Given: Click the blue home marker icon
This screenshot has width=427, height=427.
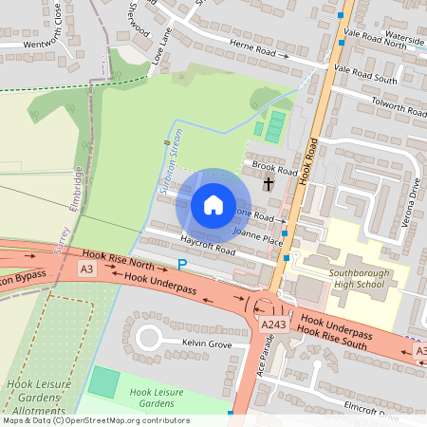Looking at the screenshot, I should pos(213,205).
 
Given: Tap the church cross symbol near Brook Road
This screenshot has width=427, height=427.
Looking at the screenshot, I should pos(269,182).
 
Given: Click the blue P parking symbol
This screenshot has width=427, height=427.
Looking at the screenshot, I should pos(182,264).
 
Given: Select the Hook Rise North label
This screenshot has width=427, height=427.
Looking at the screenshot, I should pos(118,257).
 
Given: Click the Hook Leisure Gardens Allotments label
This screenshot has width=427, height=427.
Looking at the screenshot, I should pos(36,395).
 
